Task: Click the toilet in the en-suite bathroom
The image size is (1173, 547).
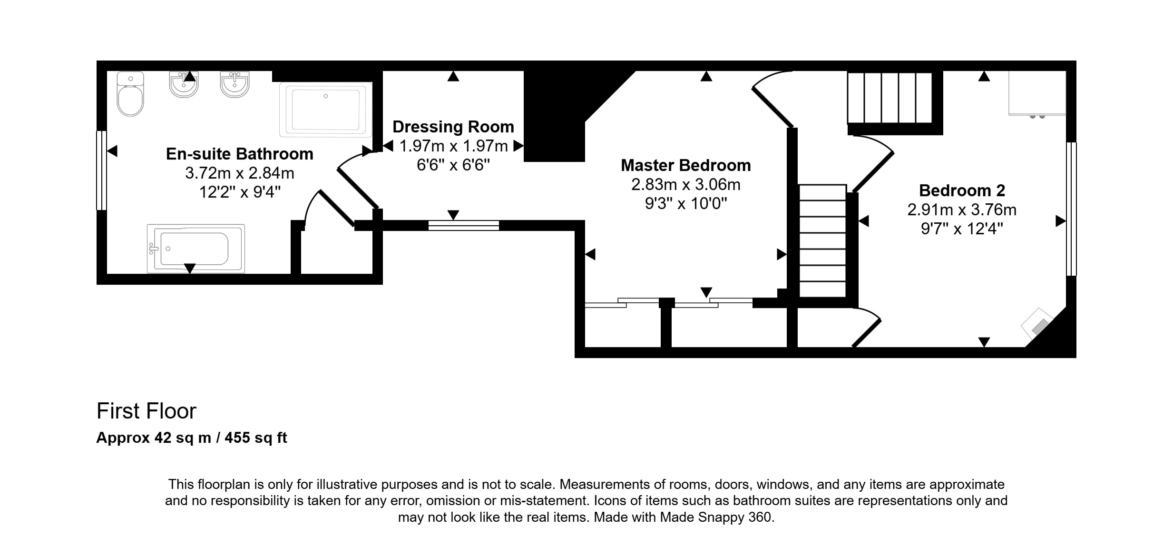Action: [130, 94]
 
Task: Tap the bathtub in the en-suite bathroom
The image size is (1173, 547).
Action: [196, 249]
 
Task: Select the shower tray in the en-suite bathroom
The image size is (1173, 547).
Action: [326, 109]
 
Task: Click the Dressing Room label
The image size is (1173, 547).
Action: [453, 127]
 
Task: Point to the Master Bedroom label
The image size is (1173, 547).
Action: [686, 165]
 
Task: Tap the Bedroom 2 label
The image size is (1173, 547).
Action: [962, 190]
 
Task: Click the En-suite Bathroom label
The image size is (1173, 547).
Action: [240, 154]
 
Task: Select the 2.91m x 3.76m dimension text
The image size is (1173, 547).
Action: [962, 209]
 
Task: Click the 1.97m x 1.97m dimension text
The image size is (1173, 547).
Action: [453, 146]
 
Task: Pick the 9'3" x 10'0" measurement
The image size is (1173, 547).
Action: [686, 204]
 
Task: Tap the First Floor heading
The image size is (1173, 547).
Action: [147, 411]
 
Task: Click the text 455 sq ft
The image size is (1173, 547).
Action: [256, 438]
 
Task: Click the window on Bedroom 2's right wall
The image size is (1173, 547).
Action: [1071, 209]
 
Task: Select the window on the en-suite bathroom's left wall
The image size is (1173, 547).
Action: [101, 170]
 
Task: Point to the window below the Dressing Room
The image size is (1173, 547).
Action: [464, 226]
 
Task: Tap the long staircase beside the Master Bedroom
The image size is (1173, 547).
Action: [822, 241]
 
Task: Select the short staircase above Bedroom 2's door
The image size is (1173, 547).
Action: [890, 98]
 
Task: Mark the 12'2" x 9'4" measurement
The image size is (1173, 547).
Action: [240, 192]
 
